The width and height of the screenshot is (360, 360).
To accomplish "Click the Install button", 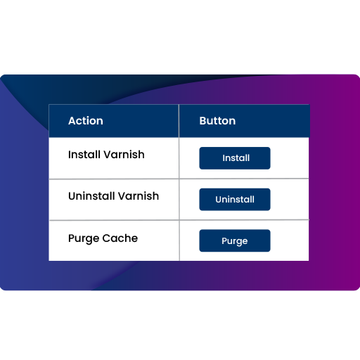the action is [x=235, y=158].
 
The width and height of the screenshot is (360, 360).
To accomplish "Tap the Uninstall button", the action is [x=235, y=200].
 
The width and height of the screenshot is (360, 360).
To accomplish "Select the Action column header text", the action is [x=86, y=121].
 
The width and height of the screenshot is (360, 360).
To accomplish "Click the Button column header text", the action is [x=217, y=121].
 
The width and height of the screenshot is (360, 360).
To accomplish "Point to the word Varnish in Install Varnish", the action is [x=124, y=155].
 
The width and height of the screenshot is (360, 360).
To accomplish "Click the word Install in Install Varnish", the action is [x=84, y=155].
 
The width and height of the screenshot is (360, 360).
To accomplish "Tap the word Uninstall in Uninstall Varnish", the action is [x=91, y=196].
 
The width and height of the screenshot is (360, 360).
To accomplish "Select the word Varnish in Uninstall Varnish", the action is [x=139, y=196].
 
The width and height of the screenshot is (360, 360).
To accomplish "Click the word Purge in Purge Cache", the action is [x=84, y=239].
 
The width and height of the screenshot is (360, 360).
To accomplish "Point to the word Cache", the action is [x=120, y=238].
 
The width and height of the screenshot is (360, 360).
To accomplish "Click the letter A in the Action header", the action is [x=72, y=121].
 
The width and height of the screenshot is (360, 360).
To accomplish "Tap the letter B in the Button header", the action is [x=203, y=121].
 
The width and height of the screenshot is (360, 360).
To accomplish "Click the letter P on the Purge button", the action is [x=224, y=240].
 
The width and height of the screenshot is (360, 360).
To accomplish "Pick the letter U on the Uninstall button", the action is [x=219, y=200].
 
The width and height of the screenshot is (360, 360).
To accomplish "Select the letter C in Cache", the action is [x=106, y=238].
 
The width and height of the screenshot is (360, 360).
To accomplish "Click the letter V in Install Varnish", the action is [x=108, y=155].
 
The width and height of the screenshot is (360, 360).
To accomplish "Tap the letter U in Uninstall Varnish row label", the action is [x=72, y=196].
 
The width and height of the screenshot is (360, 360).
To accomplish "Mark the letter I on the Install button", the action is [x=224, y=158].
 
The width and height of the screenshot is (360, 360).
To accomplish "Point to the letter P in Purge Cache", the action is [x=72, y=238].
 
